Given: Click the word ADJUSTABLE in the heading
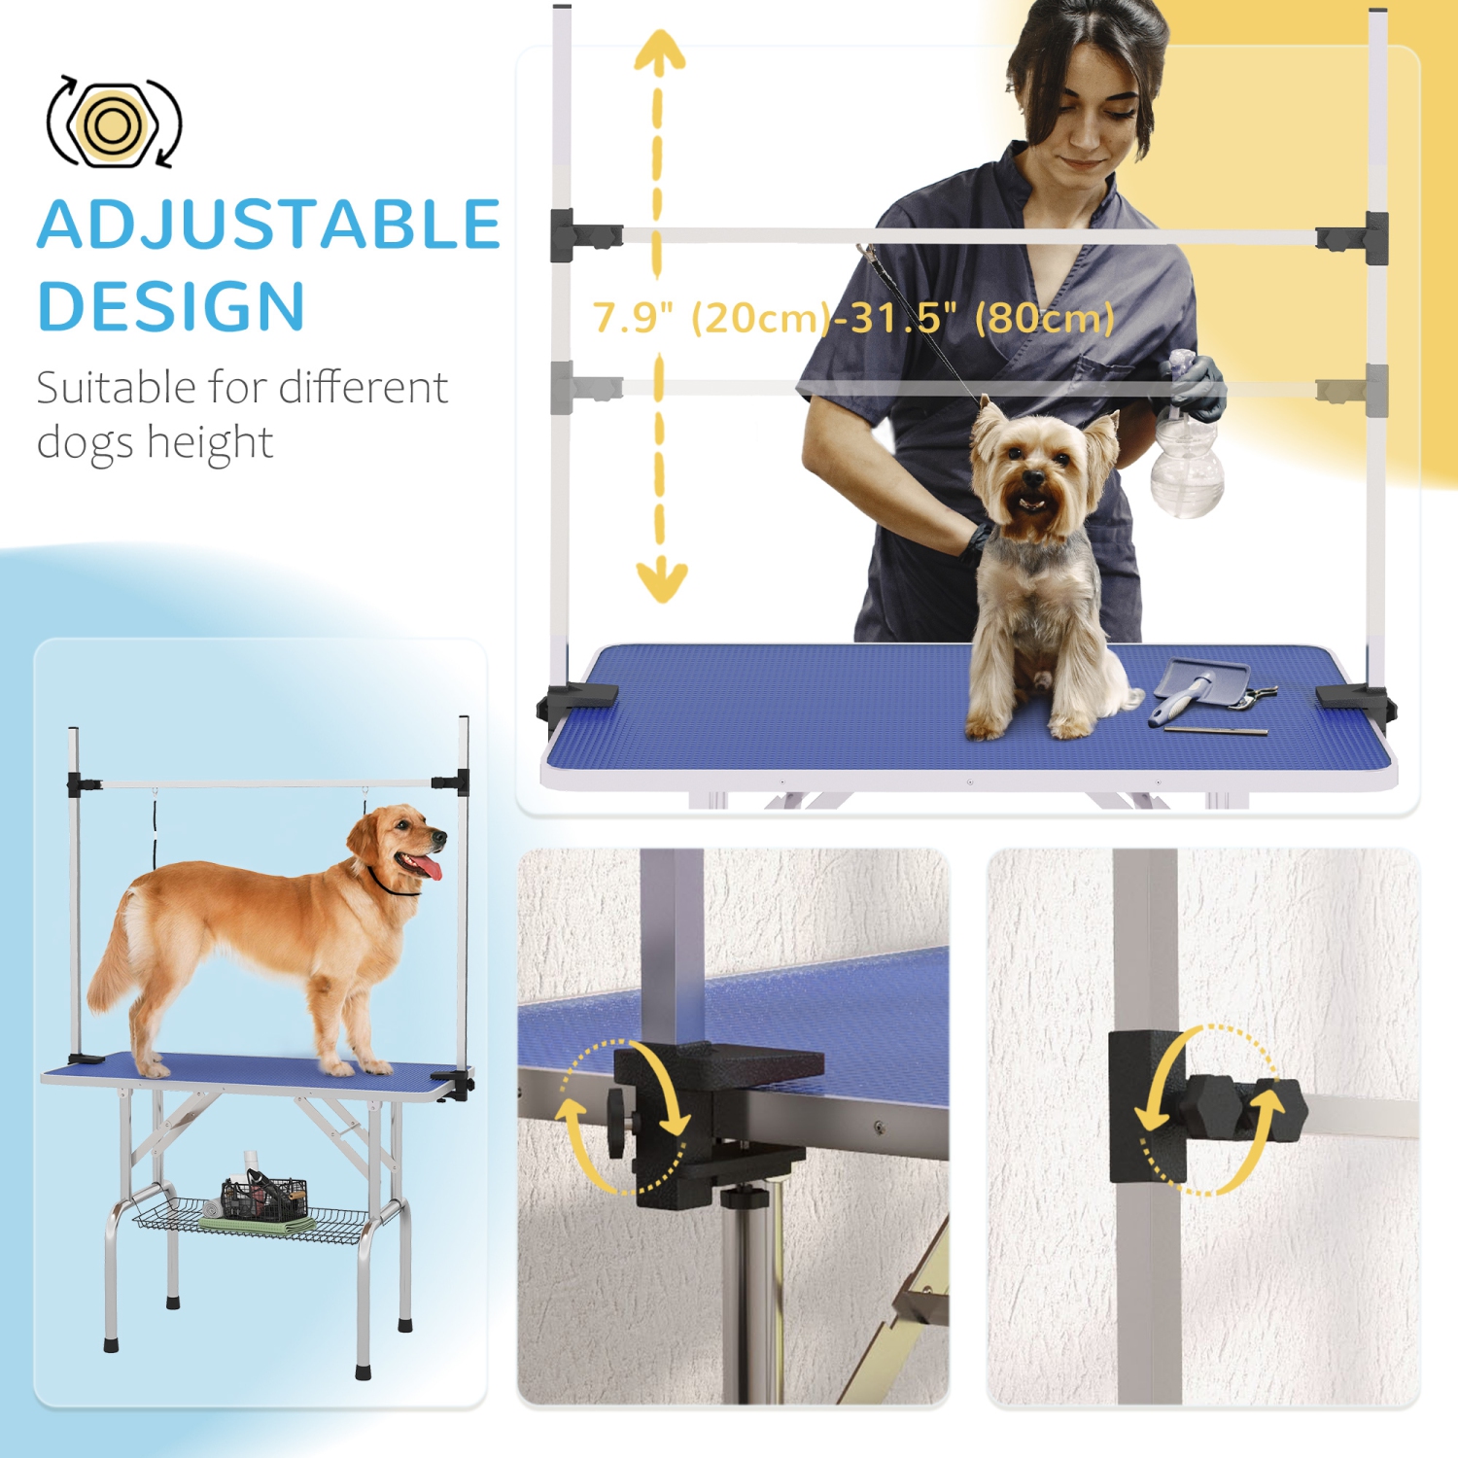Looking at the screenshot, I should pos(268,225).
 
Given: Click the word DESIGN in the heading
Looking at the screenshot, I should pos(171,307).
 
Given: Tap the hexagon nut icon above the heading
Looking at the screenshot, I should pos(114,124).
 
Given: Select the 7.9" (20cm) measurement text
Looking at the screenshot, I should pos(710,318).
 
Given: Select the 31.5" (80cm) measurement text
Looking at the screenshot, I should pos(982,318).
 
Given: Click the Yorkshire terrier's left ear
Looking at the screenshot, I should pos(989,425).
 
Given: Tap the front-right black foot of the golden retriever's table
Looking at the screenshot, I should pos(363,1371).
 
